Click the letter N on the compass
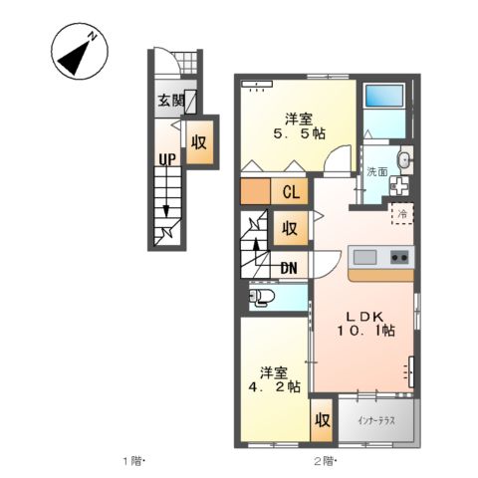coord(93,36)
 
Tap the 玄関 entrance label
coord(171,101)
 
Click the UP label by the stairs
coord(167,160)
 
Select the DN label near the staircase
coord(289,268)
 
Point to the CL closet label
coord(291,192)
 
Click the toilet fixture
coord(262,296)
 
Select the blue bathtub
coord(384,96)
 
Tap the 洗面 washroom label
coord(376,171)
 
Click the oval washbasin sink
coord(404,160)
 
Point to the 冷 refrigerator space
coord(402,214)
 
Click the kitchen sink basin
coord(364,258)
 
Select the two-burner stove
coord(399,258)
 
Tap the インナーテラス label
coord(376,421)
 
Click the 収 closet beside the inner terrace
coord(322,420)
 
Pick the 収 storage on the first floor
coord(199,142)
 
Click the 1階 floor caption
coord(132,461)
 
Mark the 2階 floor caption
coord(324,461)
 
